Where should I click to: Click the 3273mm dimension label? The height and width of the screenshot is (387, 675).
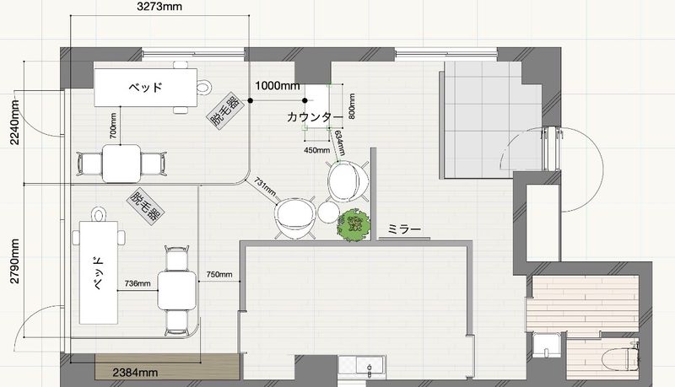(159, 7)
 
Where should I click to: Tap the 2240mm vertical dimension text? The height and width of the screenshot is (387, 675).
(14, 122)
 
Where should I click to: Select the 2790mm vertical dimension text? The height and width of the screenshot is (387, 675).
(14, 261)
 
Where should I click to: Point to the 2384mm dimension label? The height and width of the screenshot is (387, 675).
(135, 373)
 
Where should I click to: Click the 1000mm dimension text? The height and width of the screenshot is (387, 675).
(278, 85)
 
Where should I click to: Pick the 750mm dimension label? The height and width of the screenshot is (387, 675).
(219, 274)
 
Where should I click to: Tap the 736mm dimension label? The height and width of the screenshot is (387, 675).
(138, 283)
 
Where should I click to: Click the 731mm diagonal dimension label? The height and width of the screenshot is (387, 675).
(265, 186)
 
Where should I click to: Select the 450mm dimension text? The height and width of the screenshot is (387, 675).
(317, 150)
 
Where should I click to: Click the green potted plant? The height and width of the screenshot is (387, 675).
(354, 224)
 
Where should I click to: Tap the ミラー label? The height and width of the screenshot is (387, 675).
(404, 229)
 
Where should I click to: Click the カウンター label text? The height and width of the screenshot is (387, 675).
(315, 116)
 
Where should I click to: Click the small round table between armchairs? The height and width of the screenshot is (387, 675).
(328, 212)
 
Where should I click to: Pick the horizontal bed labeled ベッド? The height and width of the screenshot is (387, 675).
(146, 88)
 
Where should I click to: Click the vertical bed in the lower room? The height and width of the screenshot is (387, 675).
(99, 272)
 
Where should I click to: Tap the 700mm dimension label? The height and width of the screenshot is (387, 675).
(113, 126)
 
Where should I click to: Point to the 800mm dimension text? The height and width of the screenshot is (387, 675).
(352, 106)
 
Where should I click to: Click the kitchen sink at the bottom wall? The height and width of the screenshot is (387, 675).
(362, 367)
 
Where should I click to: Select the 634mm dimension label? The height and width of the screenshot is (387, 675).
(340, 143)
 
